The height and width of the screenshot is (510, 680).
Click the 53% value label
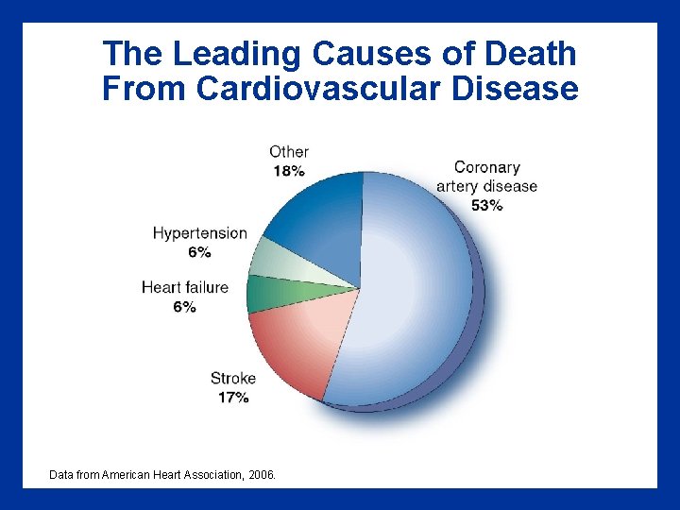point(486,206)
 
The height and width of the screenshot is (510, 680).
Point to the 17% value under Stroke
point(233,398)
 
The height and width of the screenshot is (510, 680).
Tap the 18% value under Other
point(289,171)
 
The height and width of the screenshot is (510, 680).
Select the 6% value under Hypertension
point(199,252)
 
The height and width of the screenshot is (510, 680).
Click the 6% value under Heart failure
point(185,307)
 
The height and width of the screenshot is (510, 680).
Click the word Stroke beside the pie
point(233,379)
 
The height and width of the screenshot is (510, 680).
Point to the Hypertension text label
point(199,233)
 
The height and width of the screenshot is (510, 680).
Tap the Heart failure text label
point(185,287)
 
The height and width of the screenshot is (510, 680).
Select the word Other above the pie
point(289,151)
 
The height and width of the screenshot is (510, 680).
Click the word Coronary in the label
point(486,167)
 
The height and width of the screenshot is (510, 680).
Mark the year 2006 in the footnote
point(260,475)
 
